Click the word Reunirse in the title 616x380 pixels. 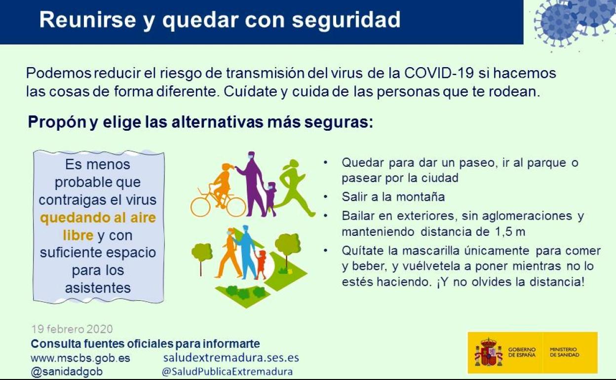coord(88,20)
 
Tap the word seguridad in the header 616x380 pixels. coord(346,20)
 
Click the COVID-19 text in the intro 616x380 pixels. coord(439,73)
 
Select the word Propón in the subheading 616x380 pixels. coord(57,122)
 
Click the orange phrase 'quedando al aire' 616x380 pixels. coord(98,218)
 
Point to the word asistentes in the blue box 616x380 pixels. coord(98,288)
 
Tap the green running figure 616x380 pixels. coord(295,188)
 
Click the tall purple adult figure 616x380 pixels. coord(252,184)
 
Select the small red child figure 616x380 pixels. coord(261,265)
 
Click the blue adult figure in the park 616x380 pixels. coord(246,252)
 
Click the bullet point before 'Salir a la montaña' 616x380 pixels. coord(326,196)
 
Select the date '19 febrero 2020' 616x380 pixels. coord(72,329)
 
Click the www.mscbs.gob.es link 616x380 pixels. coord(80,358)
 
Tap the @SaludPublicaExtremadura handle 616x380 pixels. coord(227,372)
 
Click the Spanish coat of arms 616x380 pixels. coord(488,353)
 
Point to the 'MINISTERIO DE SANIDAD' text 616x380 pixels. coord(565,352)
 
